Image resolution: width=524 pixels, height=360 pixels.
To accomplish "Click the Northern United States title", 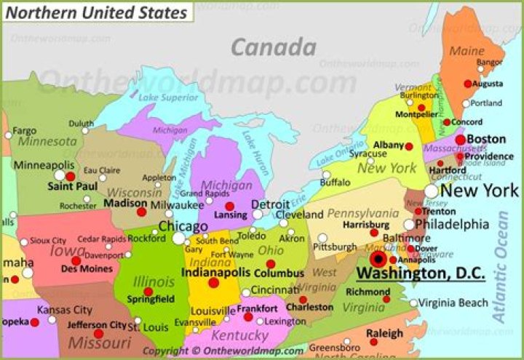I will point(95,12).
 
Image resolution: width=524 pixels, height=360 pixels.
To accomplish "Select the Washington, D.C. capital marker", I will point(378,259).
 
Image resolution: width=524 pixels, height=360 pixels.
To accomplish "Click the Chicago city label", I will point(183,225).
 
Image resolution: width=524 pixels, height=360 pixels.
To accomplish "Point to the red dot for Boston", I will point(460,140).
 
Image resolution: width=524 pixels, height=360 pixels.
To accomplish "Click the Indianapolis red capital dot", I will point(213,283).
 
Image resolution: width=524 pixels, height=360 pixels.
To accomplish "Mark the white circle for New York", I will point(432,191).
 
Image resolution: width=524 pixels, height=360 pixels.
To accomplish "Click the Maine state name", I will point(467,52).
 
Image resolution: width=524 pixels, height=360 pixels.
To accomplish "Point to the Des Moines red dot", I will point(76,260).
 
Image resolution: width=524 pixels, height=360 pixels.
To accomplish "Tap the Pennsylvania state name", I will point(362,213).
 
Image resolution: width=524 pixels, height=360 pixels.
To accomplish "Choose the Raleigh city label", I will point(384,333).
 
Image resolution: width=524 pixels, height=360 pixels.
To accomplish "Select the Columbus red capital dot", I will point(271,264).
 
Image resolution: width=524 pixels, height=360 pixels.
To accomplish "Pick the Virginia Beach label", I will point(453,303).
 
